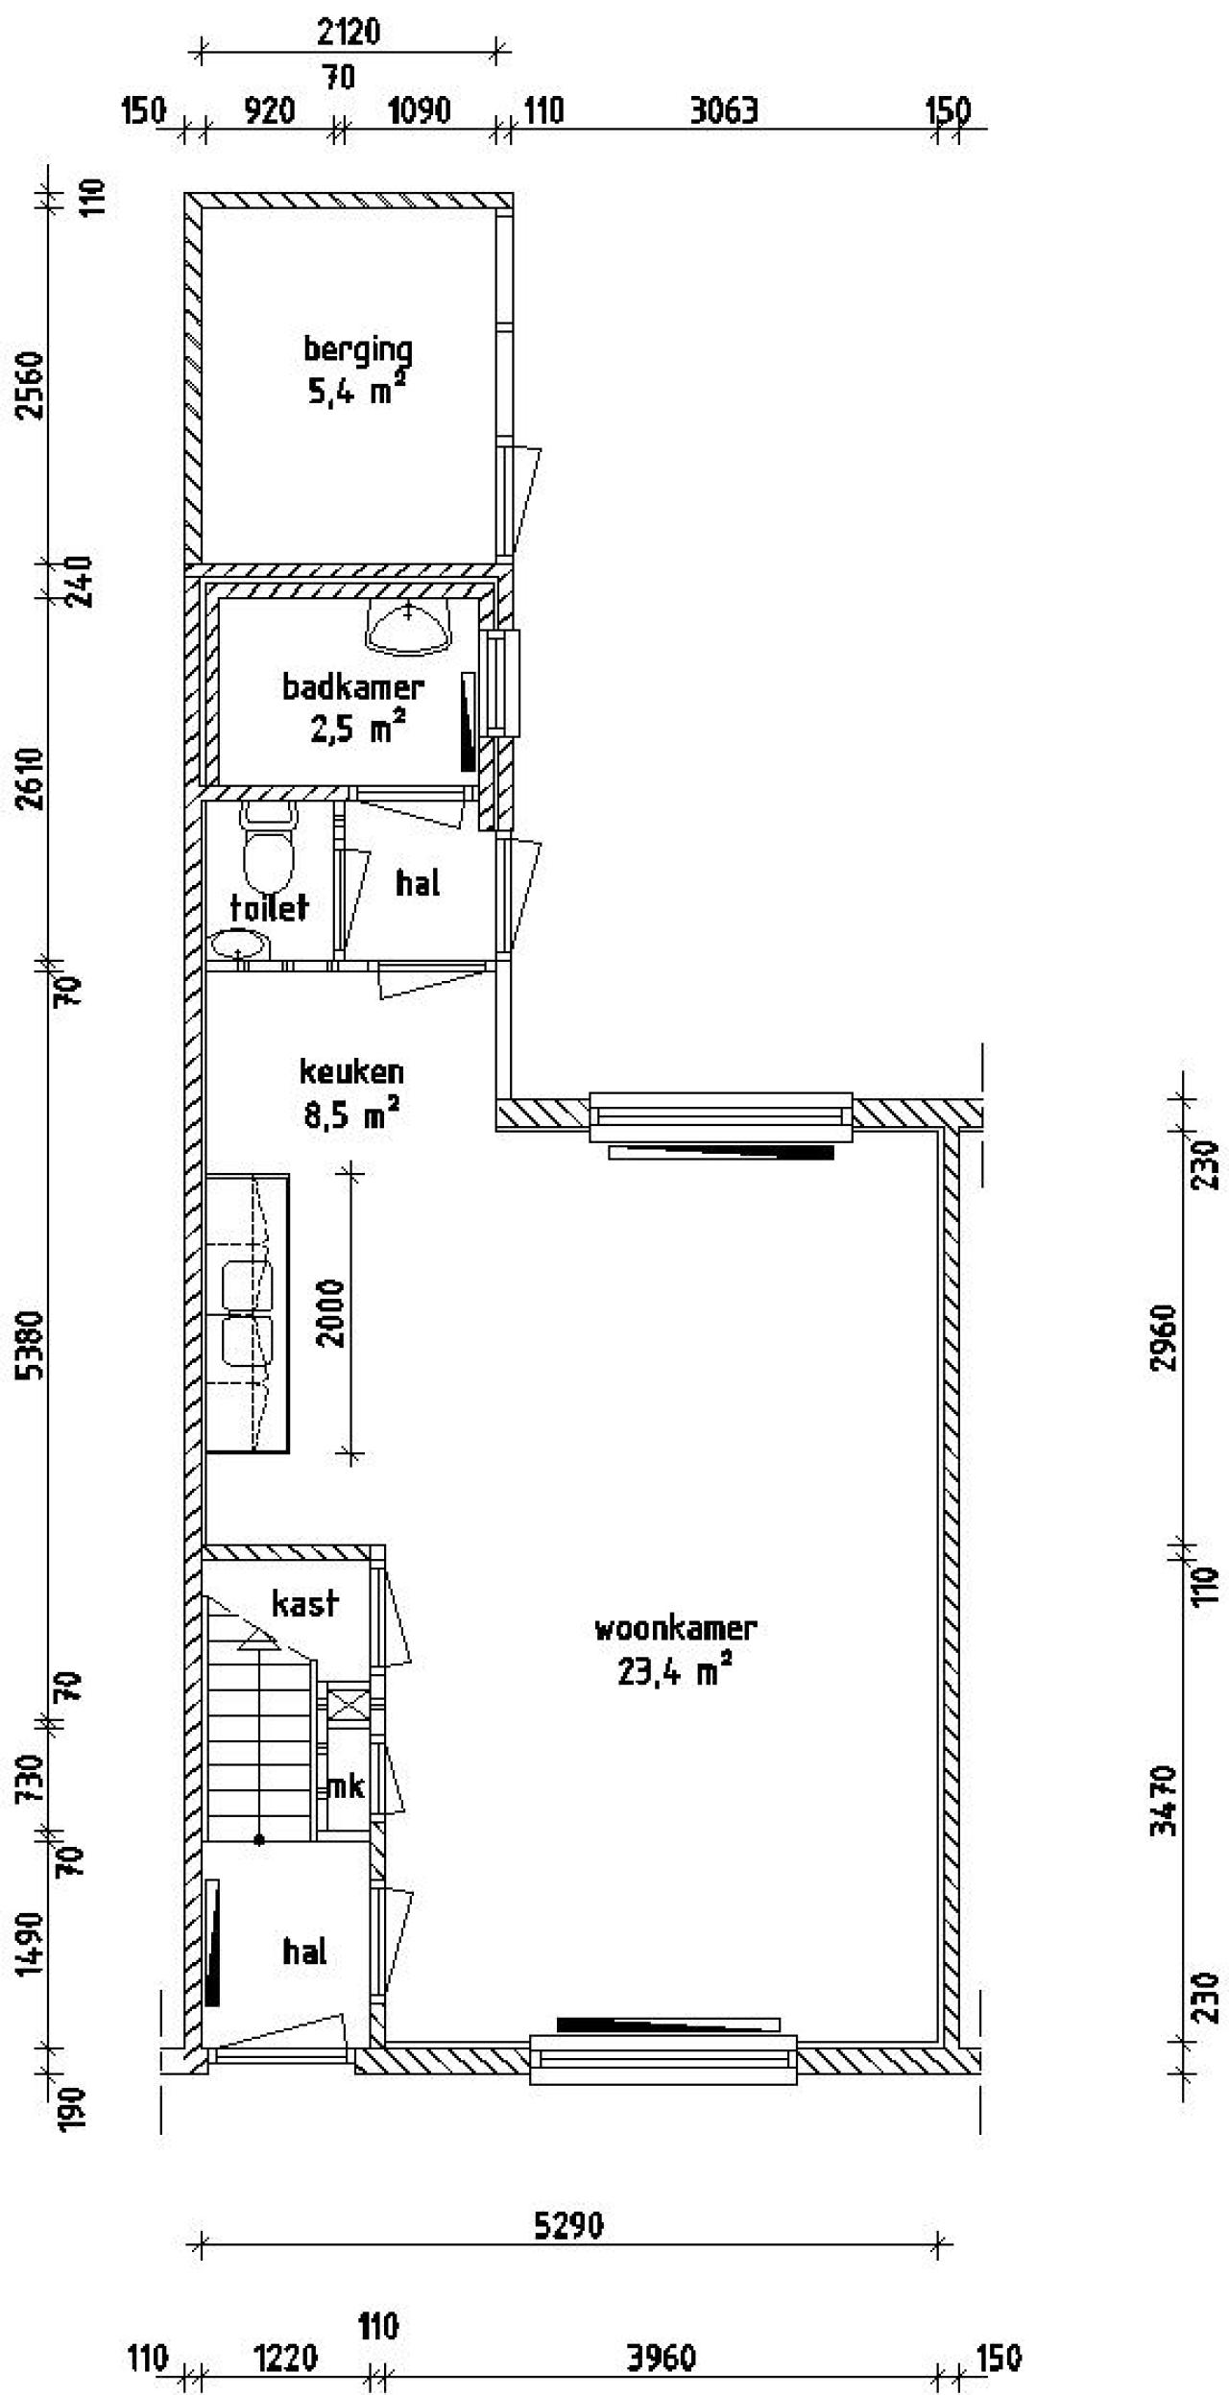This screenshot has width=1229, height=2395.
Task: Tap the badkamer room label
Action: point(352,687)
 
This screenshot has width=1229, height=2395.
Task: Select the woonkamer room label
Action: point(676,1629)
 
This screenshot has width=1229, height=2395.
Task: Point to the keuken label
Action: point(351,1070)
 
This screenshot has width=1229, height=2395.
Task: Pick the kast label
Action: point(305,1602)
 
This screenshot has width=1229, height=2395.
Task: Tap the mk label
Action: point(347,1787)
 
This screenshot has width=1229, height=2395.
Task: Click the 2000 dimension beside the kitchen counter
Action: point(331,1312)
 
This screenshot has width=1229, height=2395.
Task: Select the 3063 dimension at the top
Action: point(724,111)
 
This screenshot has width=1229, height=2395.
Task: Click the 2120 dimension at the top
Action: point(348,33)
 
